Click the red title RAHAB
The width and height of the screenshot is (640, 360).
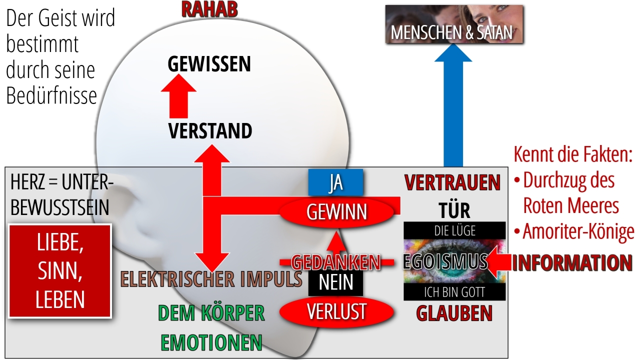[209, 9]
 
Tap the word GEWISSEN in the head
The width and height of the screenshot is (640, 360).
[209, 63]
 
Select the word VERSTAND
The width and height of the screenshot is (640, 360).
[210, 131]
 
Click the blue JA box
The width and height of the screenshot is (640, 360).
[335, 182]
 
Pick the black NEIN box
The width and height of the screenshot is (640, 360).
[335, 282]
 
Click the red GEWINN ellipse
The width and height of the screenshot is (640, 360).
[336, 212]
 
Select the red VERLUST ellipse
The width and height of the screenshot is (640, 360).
[336, 311]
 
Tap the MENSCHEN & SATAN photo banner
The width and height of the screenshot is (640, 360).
[454, 24]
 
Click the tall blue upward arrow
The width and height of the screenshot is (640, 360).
[453, 105]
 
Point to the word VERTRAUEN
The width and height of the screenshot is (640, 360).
[452, 182]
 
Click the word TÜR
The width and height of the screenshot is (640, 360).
[454, 210]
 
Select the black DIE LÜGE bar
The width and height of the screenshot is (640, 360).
[454, 230]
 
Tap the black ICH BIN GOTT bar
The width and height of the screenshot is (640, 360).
[454, 291]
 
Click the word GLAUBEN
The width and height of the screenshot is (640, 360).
[454, 313]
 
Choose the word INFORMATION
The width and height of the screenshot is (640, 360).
[572, 262]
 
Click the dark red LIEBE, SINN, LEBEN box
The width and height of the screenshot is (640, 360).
[60, 271]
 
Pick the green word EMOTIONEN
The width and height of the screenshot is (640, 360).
[211, 342]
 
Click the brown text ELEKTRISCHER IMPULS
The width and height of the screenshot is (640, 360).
[211, 279]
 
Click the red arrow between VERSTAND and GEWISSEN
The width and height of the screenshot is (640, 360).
[178, 96]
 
